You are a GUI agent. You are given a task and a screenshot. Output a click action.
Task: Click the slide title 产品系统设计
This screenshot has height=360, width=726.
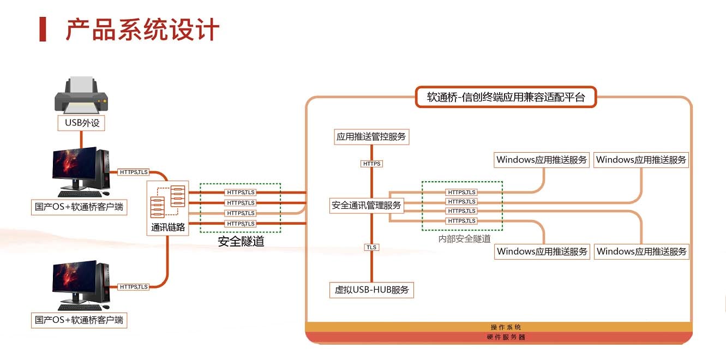(x=143, y=29)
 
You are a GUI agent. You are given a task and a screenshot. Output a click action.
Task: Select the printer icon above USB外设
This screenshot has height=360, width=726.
(x=81, y=96)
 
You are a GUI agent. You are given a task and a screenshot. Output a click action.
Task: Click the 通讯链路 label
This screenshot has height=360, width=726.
(x=169, y=228)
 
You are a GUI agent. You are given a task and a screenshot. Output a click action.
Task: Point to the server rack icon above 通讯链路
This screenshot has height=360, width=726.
(x=168, y=201)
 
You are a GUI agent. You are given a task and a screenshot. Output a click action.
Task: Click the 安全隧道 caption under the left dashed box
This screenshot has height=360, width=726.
(x=241, y=241)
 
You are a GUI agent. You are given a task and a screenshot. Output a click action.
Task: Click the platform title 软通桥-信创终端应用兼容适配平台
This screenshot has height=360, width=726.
(x=506, y=98)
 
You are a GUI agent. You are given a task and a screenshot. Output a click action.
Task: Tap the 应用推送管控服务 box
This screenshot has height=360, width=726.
(x=371, y=136)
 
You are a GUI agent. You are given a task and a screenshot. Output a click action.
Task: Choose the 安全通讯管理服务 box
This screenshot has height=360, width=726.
(x=366, y=205)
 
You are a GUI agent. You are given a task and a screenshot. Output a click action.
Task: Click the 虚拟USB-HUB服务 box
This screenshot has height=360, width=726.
(x=371, y=290)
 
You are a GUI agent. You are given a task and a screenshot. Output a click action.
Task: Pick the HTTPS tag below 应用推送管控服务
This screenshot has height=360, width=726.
(x=371, y=164)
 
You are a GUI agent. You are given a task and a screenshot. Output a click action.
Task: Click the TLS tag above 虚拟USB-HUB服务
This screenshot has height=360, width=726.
(x=371, y=247)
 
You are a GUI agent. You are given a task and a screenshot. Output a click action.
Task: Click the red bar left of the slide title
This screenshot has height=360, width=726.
(x=43, y=29)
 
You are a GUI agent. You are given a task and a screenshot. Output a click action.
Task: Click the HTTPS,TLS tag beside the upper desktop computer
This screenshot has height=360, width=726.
(x=134, y=172)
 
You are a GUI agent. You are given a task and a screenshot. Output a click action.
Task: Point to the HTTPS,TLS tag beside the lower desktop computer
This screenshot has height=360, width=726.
(x=134, y=287)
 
